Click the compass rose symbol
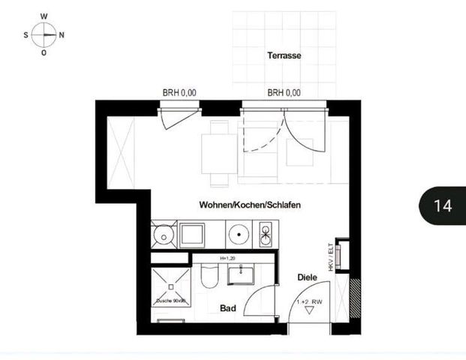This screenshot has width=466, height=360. (44, 34)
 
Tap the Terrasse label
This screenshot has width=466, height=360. (284, 55)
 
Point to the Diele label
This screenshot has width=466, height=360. (307, 277)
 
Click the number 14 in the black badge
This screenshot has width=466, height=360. (443, 205)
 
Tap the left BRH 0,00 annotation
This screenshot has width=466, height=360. (179, 93)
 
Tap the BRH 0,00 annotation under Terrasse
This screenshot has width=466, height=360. (284, 93)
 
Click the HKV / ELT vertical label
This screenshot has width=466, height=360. (330, 255)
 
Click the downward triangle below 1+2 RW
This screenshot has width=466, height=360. (308, 310)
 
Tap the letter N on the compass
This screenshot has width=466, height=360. (62, 34)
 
